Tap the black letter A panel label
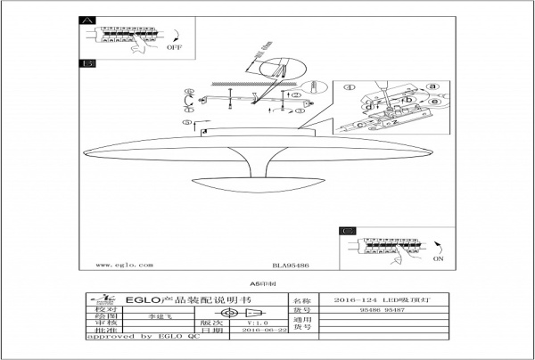point(87,20)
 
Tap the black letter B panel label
point(87,64)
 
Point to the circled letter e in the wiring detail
point(434,102)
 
